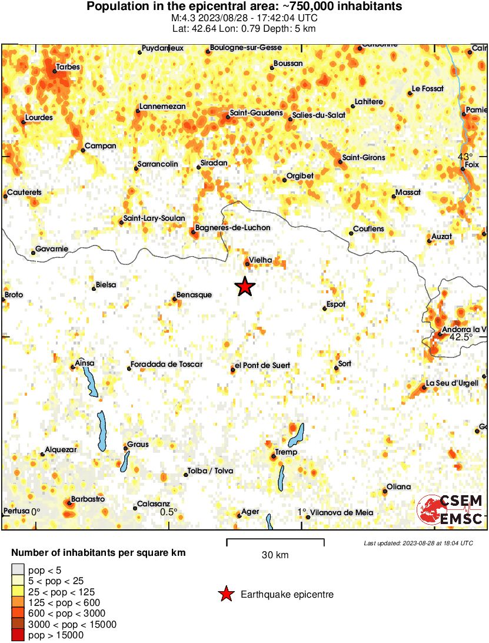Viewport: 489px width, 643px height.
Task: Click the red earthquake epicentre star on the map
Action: click(x=245, y=287)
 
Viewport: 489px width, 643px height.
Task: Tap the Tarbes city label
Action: click(x=68, y=67)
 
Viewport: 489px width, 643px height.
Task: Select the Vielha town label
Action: click(x=260, y=259)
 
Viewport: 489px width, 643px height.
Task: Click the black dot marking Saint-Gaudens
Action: click(x=228, y=117)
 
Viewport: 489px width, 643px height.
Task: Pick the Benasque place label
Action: click(x=194, y=295)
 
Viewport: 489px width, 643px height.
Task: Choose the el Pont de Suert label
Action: click(x=262, y=366)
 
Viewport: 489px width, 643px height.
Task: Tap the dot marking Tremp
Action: click(x=274, y=456)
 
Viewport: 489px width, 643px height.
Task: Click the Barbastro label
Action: click(x=88, y=499)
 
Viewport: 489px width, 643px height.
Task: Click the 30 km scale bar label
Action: click(x=275, y=555)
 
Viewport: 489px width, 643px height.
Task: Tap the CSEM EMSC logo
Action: click(x=450, y=510)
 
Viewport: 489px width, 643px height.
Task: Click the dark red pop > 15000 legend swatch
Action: click(x=18, y=635)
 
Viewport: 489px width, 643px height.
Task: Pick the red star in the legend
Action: click(x=226, y=595)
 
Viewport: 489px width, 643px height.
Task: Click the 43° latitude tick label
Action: click(x=465, y=157)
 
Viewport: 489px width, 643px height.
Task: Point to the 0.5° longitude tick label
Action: click(x=169, y=512)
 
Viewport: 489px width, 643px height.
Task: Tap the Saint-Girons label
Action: click(x=364, y=158)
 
